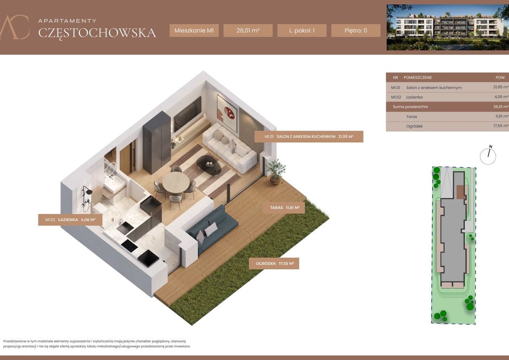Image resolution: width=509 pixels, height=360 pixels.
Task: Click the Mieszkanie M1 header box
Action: (194, 30)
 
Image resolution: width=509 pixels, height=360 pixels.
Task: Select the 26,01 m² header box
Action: (248, 30)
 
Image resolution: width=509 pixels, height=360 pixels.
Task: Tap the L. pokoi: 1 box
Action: (301, 30)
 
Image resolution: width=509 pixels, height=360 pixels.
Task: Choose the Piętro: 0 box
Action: (356, 30)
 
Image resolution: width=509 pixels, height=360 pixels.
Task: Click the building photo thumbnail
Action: (447, 28)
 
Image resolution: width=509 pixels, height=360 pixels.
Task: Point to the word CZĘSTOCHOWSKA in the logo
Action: (97, 33)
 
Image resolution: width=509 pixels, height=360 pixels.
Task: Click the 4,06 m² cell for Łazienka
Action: (500, 97)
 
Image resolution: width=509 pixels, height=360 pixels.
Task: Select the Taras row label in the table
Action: (411, 117)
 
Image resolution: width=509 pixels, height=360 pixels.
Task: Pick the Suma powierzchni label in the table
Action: (410, 106)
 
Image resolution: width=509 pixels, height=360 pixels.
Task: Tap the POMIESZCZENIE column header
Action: (418, 78)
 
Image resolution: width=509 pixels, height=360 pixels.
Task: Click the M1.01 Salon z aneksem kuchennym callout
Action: (309, 137)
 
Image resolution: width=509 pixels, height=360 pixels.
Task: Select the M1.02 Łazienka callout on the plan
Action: (70, 220)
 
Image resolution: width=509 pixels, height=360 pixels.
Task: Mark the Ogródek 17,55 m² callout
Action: (274, 264)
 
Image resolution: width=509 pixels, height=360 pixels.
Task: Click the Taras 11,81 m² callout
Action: (284, 208)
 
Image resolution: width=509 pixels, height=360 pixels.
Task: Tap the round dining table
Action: (176, 182)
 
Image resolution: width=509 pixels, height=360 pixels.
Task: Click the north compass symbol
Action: (488, 156)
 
